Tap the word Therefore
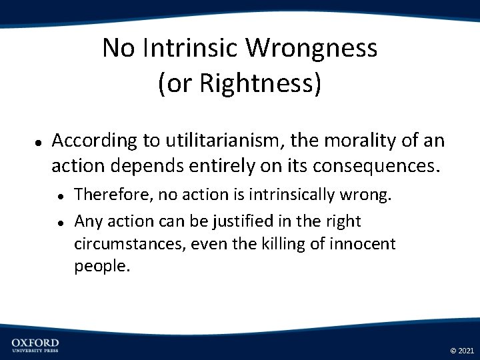click(110, 195)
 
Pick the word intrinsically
click(301, 195)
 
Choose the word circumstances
click(129, 244)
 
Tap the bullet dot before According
click(39, 142)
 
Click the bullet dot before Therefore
click(60, 196)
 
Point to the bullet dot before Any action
click(60, 221)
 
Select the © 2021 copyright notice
click(461, 350)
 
